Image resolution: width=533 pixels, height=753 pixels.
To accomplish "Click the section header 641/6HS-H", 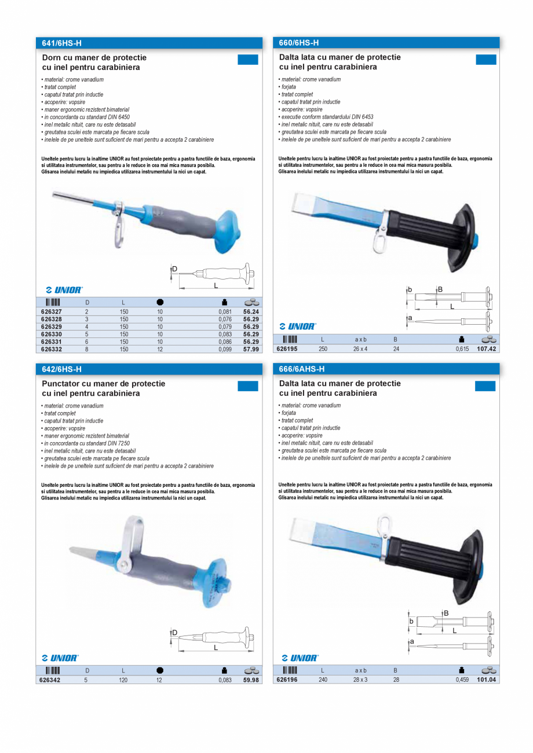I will (62, 43).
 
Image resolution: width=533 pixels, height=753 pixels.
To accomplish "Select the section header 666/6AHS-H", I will (301, 369).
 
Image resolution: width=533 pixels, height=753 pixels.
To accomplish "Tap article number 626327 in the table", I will (52, 311).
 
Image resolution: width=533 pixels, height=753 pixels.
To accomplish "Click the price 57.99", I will (251, 349).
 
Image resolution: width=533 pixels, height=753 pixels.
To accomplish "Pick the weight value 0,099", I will (225, 349).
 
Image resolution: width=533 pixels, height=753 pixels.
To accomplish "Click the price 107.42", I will (487, 349).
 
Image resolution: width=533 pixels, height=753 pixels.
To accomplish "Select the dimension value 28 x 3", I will (360, 680).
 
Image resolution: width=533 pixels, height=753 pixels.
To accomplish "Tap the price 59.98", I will (251, 680).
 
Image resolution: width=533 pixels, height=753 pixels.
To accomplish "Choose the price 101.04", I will (487, 680).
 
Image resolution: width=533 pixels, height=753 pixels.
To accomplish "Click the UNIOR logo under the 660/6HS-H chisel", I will (298, 326).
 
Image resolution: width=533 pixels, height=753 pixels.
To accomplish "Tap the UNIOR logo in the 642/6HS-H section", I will (60, 658).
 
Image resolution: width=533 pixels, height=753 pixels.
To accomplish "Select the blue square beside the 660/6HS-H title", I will (486, 59).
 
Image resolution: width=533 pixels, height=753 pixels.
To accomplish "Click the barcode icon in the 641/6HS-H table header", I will (53, 302).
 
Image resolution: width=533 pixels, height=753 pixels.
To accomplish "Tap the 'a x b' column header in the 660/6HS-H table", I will (360, 340).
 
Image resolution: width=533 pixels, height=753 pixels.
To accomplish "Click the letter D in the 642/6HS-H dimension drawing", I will (174, 633).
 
